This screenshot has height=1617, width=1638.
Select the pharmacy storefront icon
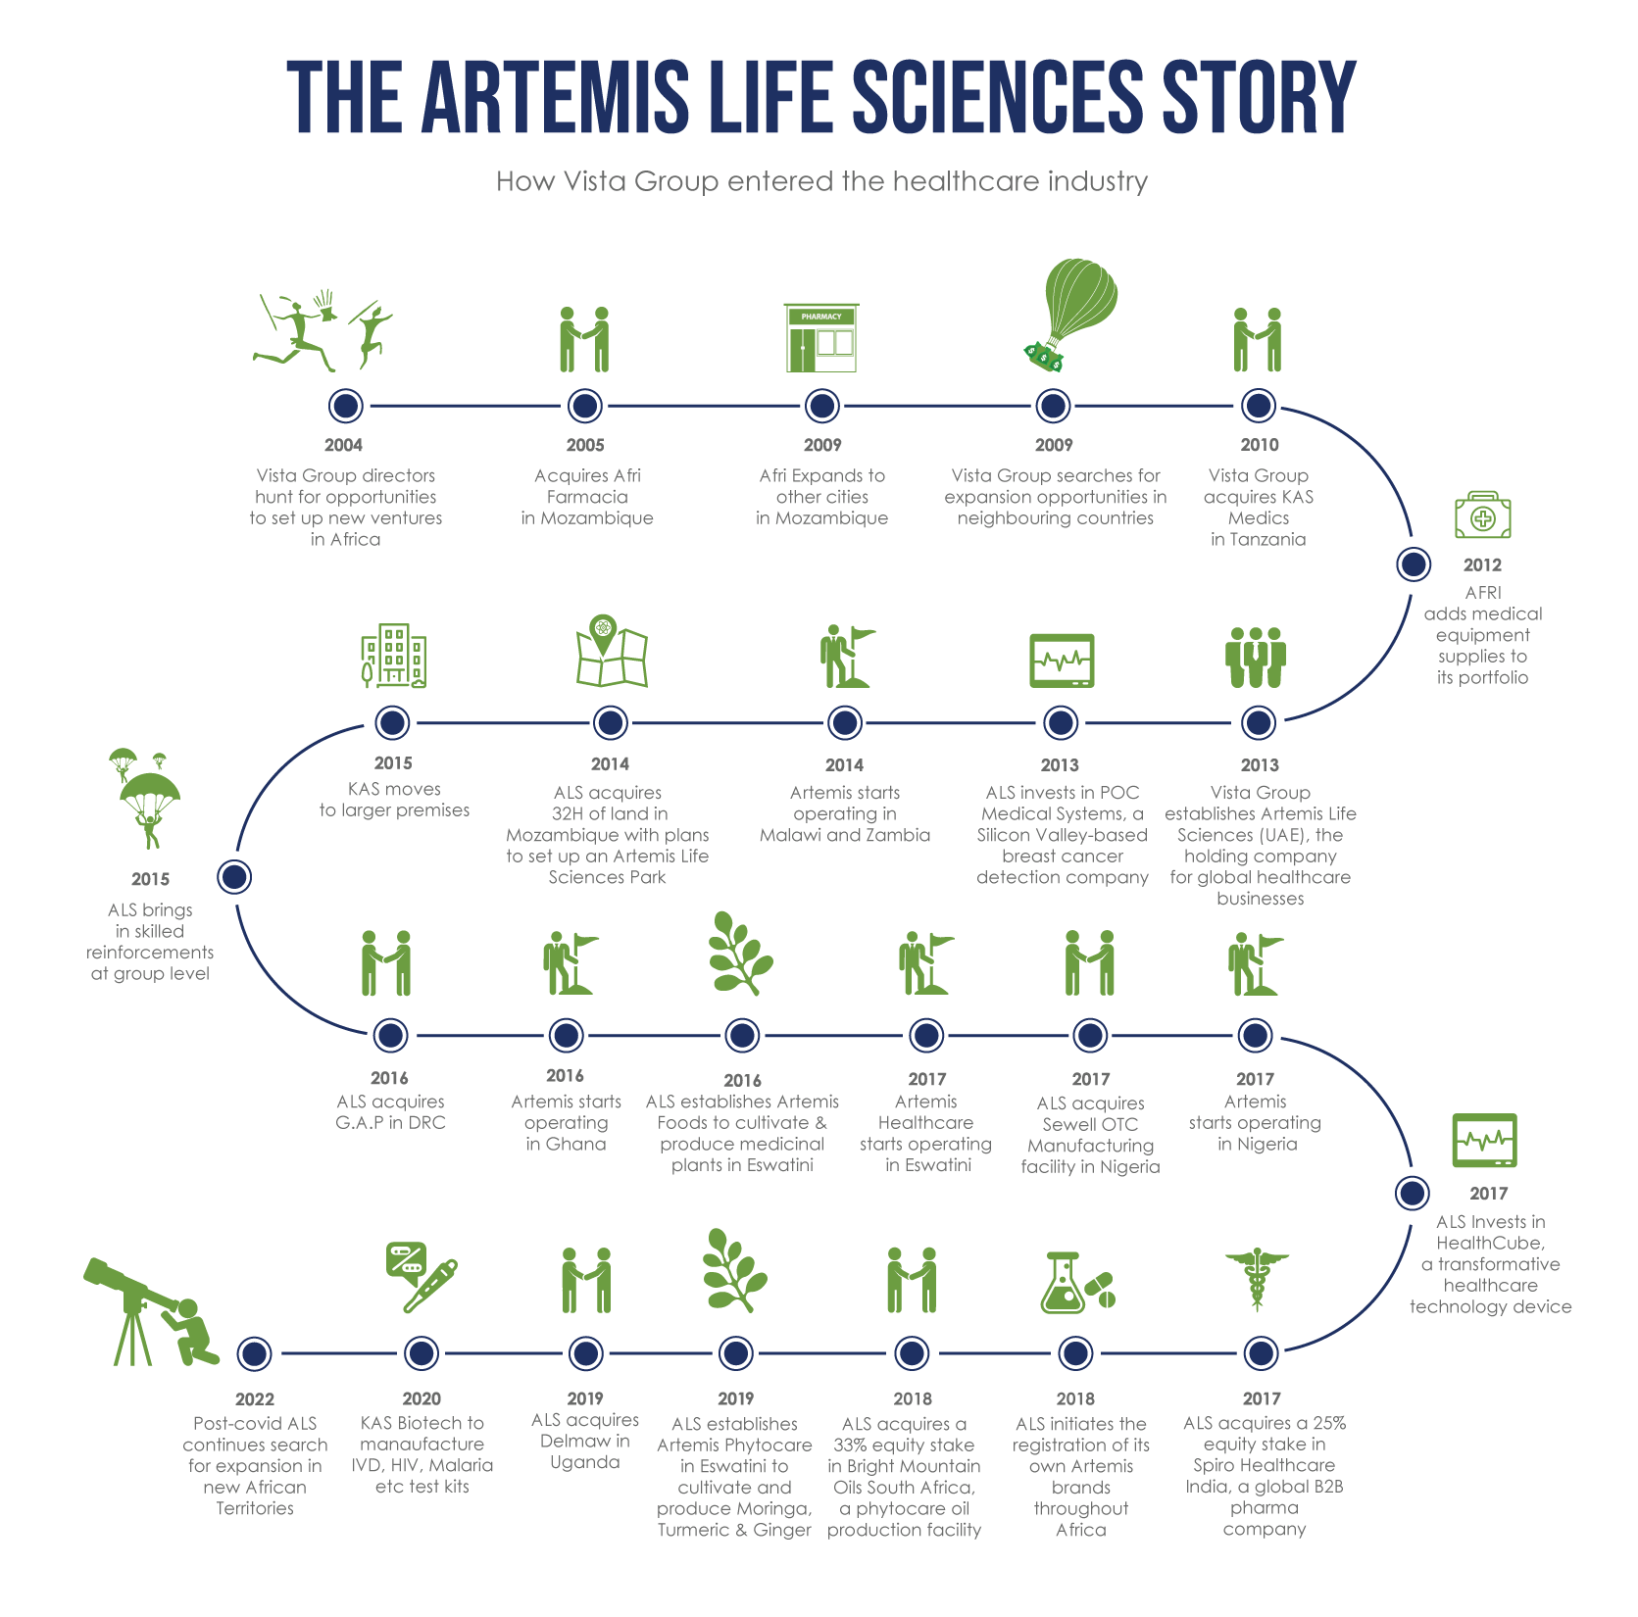[821, 338]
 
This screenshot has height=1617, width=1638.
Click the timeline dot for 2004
[344, 405]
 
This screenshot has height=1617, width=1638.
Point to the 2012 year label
[1482, 564]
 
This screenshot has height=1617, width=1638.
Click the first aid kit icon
[1482, 515]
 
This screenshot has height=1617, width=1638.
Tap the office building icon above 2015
[393, 654]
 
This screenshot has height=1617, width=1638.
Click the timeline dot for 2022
[254, 1353]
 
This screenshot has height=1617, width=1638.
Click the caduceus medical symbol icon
[1257, 1279]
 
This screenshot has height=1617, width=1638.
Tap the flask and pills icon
[1075, 1283]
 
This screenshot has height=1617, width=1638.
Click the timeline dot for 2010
[1259, 405]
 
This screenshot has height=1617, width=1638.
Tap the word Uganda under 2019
[585, 1462]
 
